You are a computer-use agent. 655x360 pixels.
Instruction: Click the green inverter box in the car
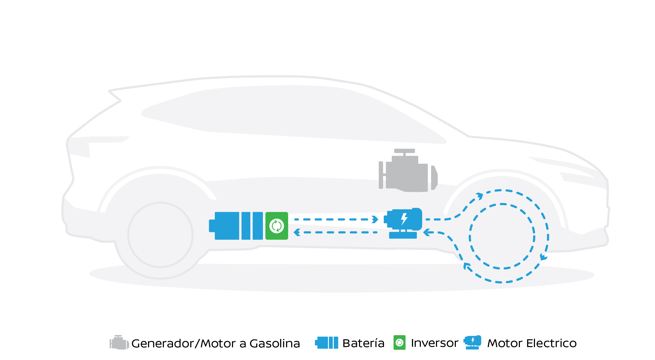click(x=277, y=226)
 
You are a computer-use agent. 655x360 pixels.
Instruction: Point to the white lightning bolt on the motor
click(x=404, y=219)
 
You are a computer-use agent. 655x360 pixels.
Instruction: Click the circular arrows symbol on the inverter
click(x=277, y=226)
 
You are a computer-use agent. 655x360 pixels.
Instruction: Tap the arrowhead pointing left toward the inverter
click(x=297, y=232)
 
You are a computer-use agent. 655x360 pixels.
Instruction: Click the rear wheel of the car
click(x=160, y=235)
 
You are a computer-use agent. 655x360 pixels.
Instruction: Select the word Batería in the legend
click(x=363, y=343)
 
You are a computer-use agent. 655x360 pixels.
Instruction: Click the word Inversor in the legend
click(x=435, y=343)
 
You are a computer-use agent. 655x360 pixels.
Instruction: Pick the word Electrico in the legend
click(x=551, y=343)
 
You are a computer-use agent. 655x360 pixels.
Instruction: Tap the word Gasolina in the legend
click(x=274, y=344)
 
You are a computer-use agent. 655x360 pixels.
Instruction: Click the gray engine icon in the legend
click(x=119, y=342)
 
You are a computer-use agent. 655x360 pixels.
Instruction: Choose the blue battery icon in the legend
click(x=327, y=343)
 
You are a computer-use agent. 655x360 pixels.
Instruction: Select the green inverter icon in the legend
click(x=399, y=342)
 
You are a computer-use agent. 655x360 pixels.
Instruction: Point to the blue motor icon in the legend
click(x=473, y=342)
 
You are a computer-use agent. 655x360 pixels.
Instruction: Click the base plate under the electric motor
click(x=403, y=235)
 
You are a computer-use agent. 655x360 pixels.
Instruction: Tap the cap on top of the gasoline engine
click(x=404, y=151)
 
